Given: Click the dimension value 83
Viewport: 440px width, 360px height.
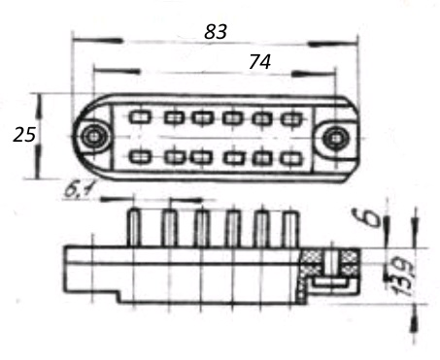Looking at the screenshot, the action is [216, 32].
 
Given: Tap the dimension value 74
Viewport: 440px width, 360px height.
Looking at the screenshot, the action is [259, 62].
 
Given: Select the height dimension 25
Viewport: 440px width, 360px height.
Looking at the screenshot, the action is [24, 135].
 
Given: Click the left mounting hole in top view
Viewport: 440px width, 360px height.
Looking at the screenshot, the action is [93, 136].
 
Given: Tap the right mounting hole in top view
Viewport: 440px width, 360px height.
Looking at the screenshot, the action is [336, 138].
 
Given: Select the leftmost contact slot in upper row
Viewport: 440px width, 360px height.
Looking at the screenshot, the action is [140, 116].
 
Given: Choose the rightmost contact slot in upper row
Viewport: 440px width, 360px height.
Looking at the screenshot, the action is [291, 119].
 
